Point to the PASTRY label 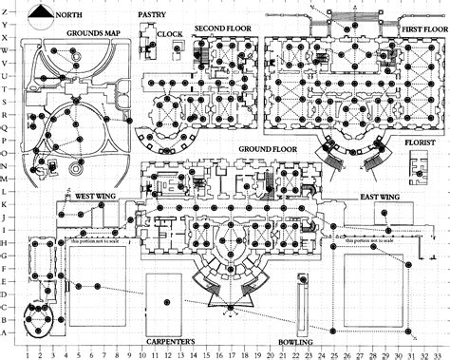point(153,16)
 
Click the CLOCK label point(171,34)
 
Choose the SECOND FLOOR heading point(223,28)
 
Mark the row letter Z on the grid point(7,9)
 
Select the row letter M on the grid point(7,179)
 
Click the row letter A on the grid point(7,332)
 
